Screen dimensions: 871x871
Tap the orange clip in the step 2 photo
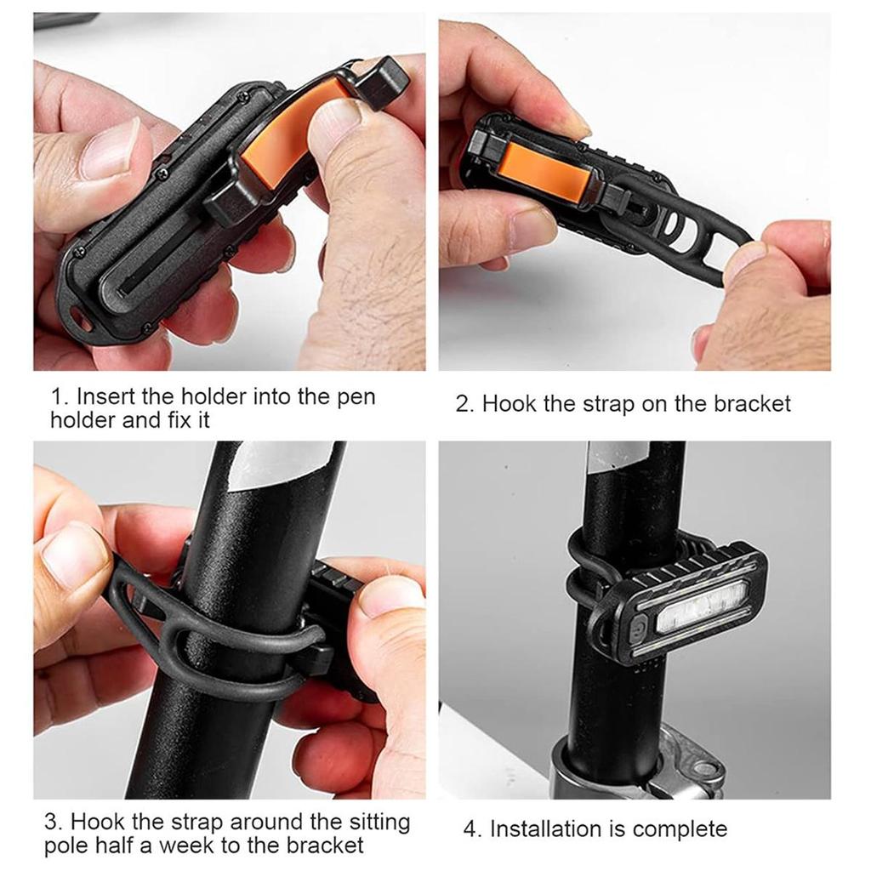tap(544, 171)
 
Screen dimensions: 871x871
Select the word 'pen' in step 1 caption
tap(354, 397)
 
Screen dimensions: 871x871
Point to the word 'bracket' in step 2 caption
tap(752, 403)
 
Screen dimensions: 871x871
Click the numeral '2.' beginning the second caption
tap(464, 403)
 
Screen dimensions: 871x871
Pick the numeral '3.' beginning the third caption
tap(54, 823)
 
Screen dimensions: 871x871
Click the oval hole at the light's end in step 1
tap(82, 318)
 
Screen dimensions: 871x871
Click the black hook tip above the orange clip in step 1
tap(388, 77)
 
